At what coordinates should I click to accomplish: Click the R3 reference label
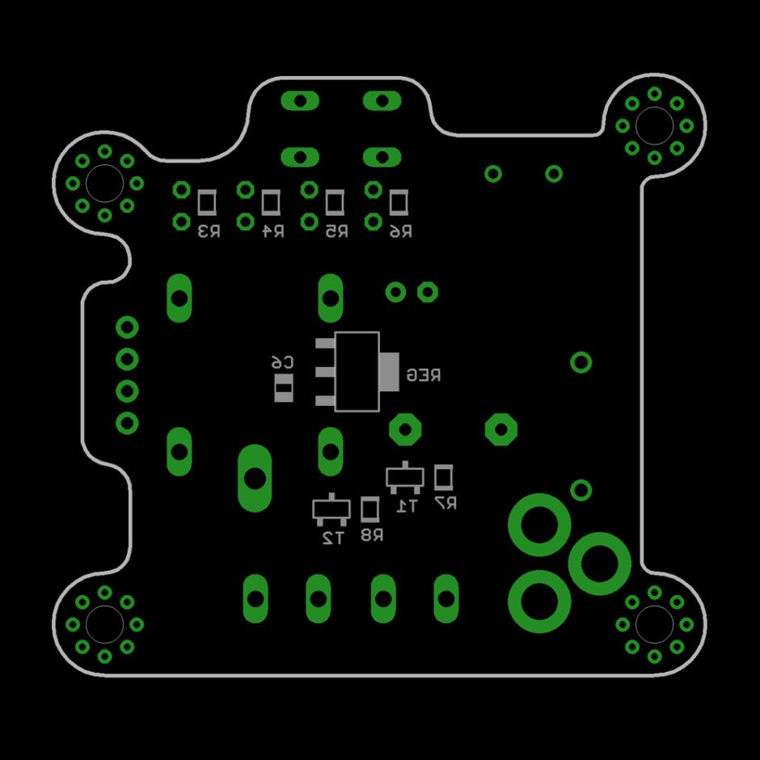[x=209, y=232]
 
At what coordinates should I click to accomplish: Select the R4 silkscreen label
[x=273, y=232]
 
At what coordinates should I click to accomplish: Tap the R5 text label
[x=336, y=232]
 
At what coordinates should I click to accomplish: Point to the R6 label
[x=401, y=232]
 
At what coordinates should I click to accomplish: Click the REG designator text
[x=424, y=374]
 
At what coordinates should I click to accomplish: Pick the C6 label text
[x=283, y=362]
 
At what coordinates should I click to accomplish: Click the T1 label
[x=406, y=506]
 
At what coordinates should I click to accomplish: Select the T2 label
[x=333, y=538]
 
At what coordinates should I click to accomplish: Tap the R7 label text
[x=445, y=503]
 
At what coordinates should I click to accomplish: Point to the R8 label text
[x=372, y=534]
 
